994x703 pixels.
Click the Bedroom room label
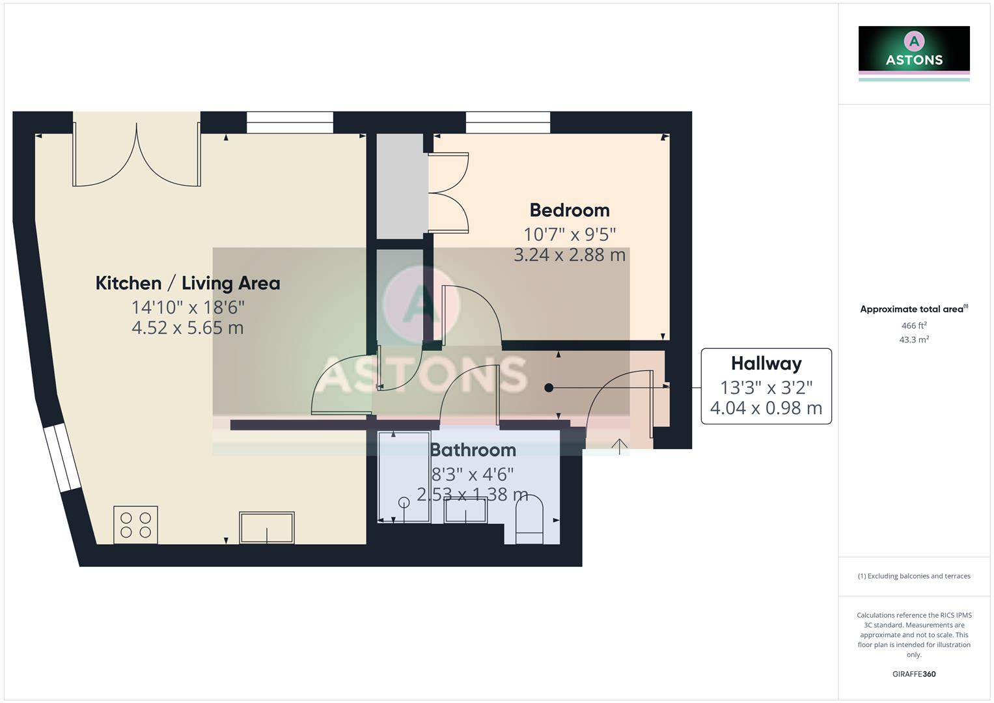(570, 210)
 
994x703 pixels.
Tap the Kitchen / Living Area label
(187, 283)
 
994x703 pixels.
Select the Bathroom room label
(473, 450)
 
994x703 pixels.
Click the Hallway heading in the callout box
(766, 363)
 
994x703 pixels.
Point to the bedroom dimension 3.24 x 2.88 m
(570, 255)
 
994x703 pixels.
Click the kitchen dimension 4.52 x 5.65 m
(187, 327)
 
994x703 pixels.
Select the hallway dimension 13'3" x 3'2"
(766, 388)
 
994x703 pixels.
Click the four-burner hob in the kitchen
(136, 525)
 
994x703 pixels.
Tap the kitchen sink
(267, 527)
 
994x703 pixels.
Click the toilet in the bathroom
(529, 519)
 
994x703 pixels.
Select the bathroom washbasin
(465, 510)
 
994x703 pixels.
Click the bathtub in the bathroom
(404, 476)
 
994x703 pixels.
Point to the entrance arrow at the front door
(619, 447)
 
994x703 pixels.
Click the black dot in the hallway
(549, 388)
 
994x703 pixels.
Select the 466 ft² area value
(914, 325)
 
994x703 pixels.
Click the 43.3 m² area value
(914, 340)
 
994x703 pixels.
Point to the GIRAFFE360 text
(914, 674)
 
